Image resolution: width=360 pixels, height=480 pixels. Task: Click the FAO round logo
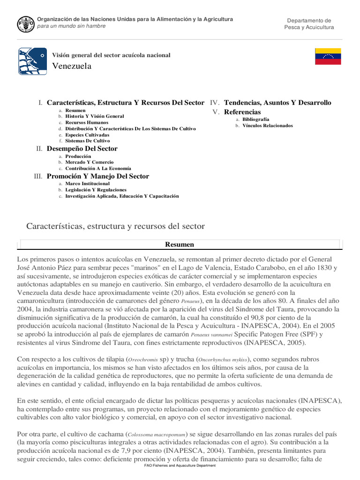[26, 23]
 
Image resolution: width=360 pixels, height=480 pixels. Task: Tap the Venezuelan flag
[328, 56]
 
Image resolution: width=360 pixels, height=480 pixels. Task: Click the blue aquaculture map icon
[32, 61]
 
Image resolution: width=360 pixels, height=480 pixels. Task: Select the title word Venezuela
[72, 66]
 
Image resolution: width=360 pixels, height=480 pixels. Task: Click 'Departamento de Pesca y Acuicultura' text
[309, 24]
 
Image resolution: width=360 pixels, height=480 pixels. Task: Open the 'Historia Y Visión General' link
[95, 116]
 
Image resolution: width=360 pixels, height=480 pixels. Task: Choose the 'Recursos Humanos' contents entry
[86, 122]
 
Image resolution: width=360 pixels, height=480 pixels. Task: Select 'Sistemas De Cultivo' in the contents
[88, 141]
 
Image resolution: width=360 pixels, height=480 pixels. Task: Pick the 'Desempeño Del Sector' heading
[82, 149]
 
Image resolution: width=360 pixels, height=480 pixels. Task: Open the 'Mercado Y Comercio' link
[89, 162]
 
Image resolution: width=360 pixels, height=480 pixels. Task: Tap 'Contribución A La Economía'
[98, 168]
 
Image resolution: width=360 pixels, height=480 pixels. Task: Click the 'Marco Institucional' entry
[87, 184]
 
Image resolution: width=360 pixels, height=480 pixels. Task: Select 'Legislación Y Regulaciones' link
[96, 190]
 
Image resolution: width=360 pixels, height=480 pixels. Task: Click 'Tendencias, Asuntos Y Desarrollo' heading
[277, 103]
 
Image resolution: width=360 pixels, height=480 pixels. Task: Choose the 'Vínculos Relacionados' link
[268, 126]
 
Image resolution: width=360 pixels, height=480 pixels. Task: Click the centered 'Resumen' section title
[180, 245]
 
